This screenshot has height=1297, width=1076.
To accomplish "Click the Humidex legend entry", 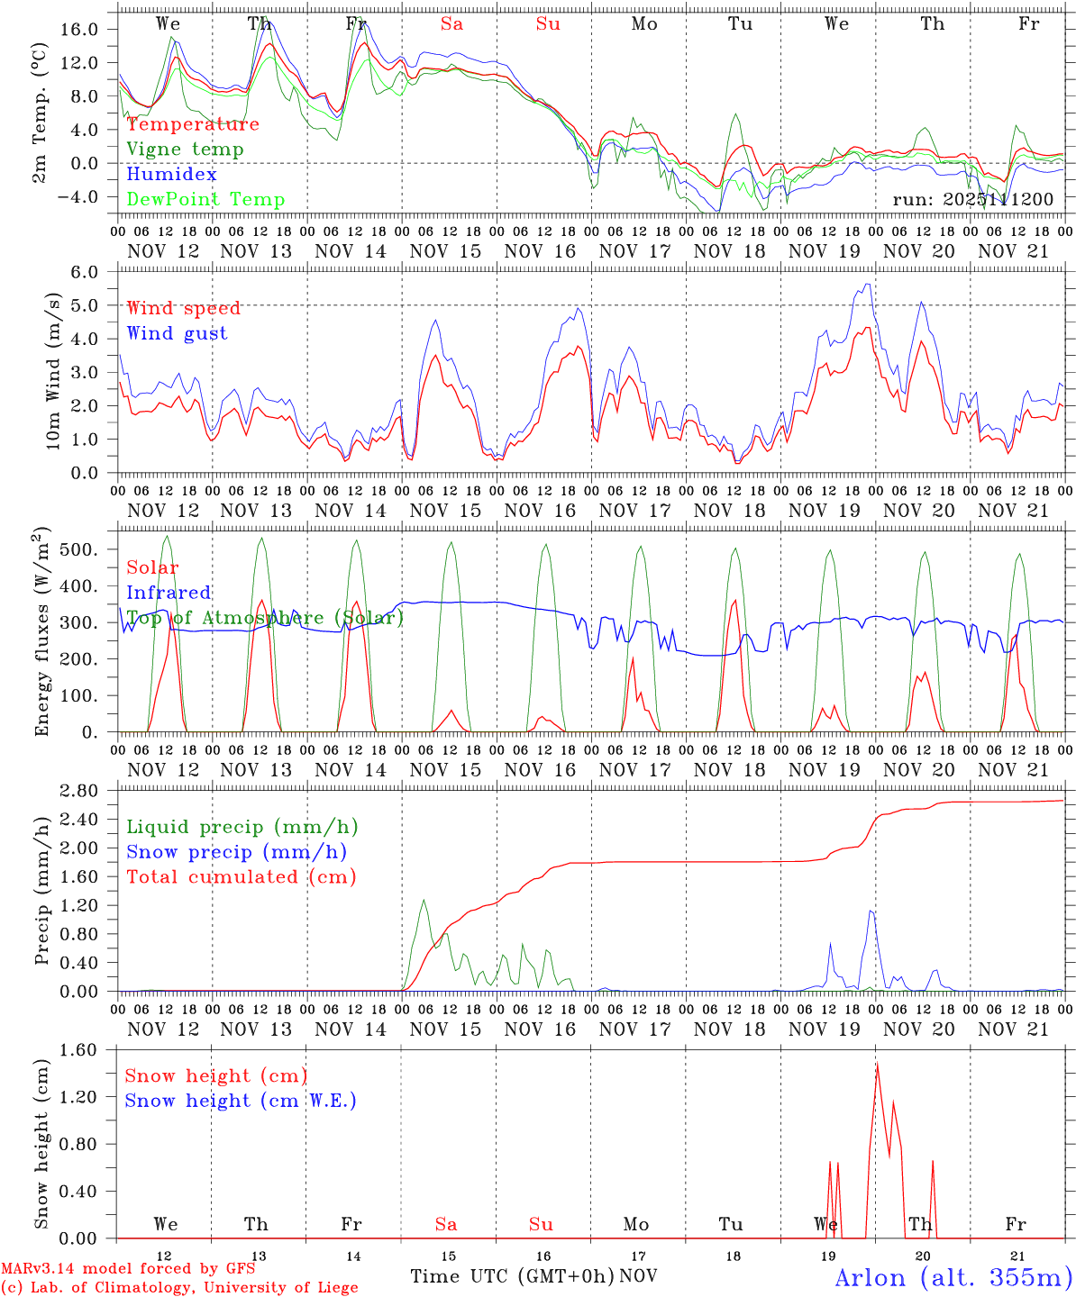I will (x=171, y=175).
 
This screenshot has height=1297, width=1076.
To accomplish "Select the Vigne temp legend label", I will (x=185, y=150).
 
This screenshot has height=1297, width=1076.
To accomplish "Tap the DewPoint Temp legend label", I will (x=205, y=200).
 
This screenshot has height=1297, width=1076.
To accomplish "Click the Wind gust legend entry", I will (x=177, y=333).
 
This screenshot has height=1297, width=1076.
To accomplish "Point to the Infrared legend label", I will (x=169, y=593).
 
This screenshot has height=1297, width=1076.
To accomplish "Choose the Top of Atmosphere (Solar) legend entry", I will (x=265, y=618).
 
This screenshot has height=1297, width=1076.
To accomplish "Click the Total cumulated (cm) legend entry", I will (x=241, y=876).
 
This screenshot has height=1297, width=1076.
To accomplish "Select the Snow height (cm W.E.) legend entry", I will (x=241, y=1101).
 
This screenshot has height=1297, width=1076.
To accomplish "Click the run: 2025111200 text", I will (x=972, y=199).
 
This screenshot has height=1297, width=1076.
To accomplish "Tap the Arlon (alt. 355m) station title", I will (x=953, y=1277).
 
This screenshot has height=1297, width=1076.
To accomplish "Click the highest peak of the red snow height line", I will (x=877, y=1064).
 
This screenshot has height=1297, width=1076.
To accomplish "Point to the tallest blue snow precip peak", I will (x=871, y=911).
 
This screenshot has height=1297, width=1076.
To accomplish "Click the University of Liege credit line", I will (x=179, y=1288).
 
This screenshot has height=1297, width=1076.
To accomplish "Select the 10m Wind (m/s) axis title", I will (x=54, y=371).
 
